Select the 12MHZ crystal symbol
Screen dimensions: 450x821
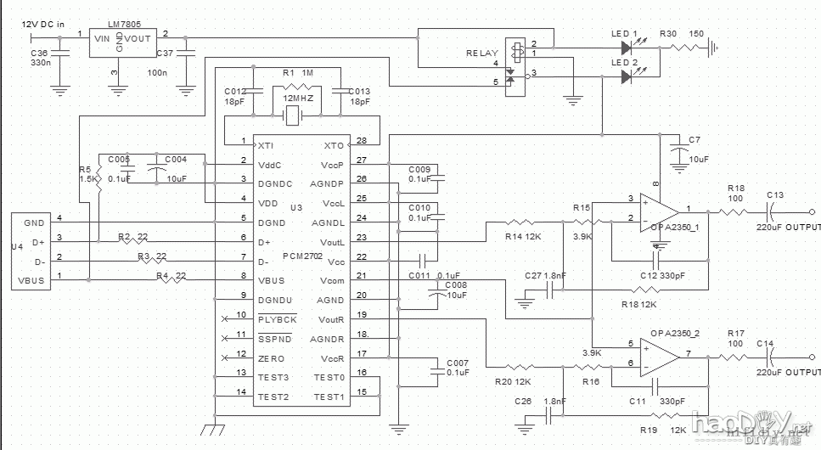[294, 116]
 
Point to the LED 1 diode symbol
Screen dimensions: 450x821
[627, 48]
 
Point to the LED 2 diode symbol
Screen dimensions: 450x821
[627, 76]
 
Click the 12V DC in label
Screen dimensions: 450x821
[43, 25]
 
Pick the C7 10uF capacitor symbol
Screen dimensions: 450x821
[679, 151]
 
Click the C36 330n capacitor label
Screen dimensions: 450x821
[40, 57]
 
